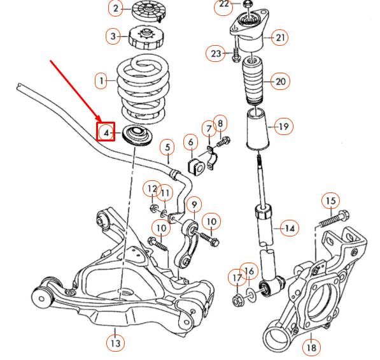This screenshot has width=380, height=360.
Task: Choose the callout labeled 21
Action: pyautogui.click(x=280, y=38)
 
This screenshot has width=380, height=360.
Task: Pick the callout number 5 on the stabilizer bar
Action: pyautogui.click(x=167, y=148)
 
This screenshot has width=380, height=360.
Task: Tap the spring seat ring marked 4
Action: pyautogui.click(x=135, y=136)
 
